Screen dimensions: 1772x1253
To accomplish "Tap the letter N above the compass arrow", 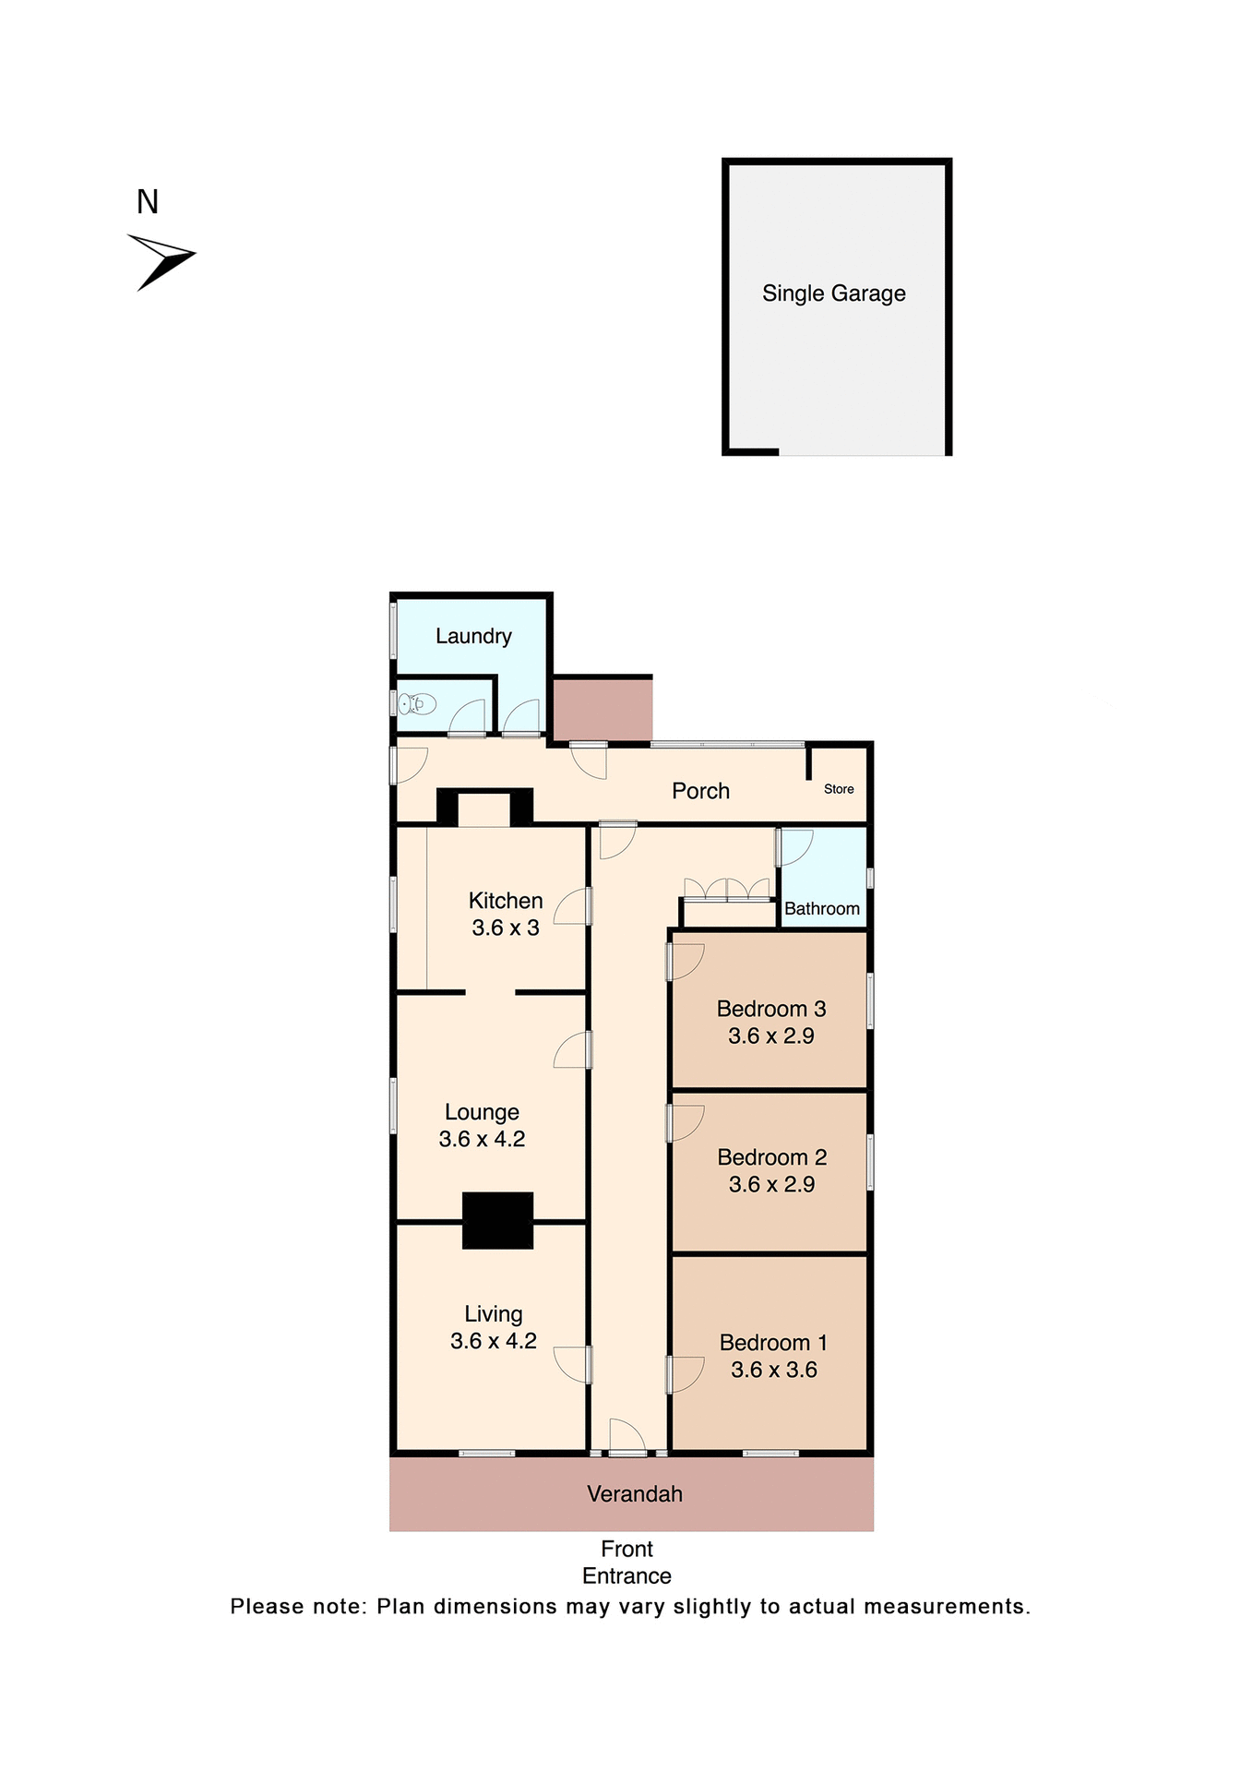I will [x=148, y=202].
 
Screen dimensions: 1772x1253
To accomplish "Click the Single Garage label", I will [x=833, y=293].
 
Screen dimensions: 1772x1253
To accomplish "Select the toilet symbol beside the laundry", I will [x=417, y=704].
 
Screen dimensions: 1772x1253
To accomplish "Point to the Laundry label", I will [x=473, y=636].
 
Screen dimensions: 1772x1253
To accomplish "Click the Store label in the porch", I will [x=839, y=789].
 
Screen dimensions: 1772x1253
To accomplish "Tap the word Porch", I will [x=700, y=791].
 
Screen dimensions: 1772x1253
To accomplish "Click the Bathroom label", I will [x=821, y=909].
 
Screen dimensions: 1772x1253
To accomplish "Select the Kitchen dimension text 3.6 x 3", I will [x=505, y=928].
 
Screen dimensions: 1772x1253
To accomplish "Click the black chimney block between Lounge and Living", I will [x=497, y=1220].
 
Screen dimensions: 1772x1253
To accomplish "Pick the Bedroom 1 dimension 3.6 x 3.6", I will [x=773, y=1370].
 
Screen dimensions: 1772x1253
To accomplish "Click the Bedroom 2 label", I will [x=771, y=1157].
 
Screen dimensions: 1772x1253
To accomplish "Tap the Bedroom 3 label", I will [x=770, y=1009].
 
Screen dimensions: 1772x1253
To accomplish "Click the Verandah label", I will [x=635, y=1493].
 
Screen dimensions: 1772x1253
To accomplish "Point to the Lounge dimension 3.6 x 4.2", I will [x=482, y=1139].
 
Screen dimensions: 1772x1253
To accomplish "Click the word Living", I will [x=493, y=1313].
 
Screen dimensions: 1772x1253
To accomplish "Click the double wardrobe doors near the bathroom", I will [x=726, y=890].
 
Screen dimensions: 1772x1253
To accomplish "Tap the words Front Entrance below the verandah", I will [x=626, y=1562].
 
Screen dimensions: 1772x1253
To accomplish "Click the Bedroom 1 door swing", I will [x=686, y=1373].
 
